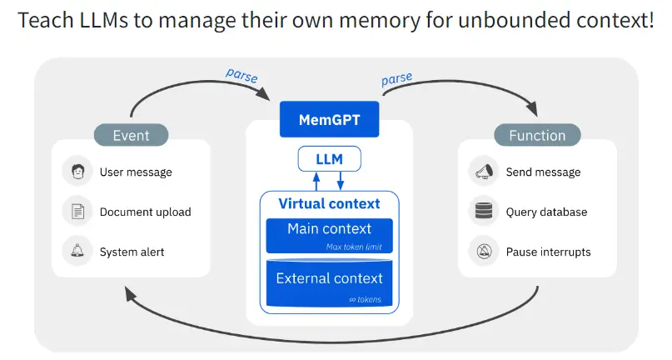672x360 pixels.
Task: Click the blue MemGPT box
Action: click(330, 119)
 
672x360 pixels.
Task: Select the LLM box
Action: click(330, 158)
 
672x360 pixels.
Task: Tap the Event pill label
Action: click(131, 135)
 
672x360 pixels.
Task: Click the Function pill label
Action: click(536, 135)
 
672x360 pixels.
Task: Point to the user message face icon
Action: click(77, 172)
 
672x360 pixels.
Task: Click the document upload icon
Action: click(77, 212)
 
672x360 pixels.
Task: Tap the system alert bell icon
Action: click(77, 252)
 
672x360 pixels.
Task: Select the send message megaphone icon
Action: click(483, 172)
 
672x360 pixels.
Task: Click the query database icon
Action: click(483, 212)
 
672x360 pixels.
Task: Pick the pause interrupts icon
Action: click(483, 252)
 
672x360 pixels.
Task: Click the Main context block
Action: click(329, 234)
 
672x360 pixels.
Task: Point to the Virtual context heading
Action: click(329, 203)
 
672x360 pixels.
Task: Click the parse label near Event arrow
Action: click(241, 74)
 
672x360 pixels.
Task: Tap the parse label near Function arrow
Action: click(398, 80)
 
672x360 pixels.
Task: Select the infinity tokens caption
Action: click(365, 299)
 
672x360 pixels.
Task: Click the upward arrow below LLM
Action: click(316, 181)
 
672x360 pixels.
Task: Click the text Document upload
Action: click(145, 212)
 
